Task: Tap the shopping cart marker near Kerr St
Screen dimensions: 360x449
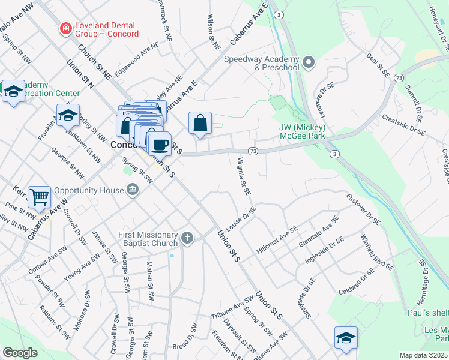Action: pos(39,196)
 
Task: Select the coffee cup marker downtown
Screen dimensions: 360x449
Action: pos(160,145)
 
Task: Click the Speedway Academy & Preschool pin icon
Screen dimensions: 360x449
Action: pos(309,62)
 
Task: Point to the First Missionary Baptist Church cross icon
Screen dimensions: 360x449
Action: pos(187,239)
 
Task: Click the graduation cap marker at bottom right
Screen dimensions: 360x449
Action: pos(346,338)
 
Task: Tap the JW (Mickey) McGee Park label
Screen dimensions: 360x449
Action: pos(303,131)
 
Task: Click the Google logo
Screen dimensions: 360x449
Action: pos(20,353)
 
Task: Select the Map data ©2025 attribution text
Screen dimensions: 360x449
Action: pos(423,355)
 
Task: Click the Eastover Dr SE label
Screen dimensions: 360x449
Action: pos(363,209)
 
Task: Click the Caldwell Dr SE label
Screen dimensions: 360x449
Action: pos(356,281)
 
